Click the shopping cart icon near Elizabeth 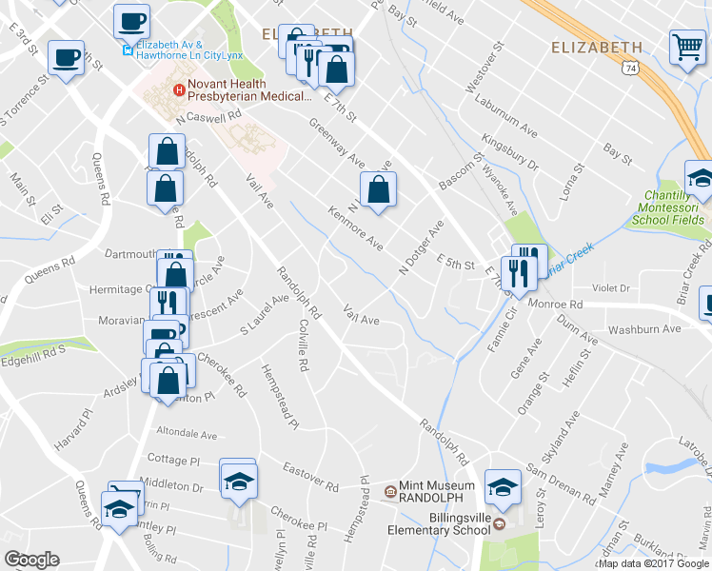tap(687, 47)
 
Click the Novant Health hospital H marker tap(177, 90)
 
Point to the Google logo tap(31, 560)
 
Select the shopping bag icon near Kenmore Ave tap(378, 189)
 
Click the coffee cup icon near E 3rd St tap(67, 57)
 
